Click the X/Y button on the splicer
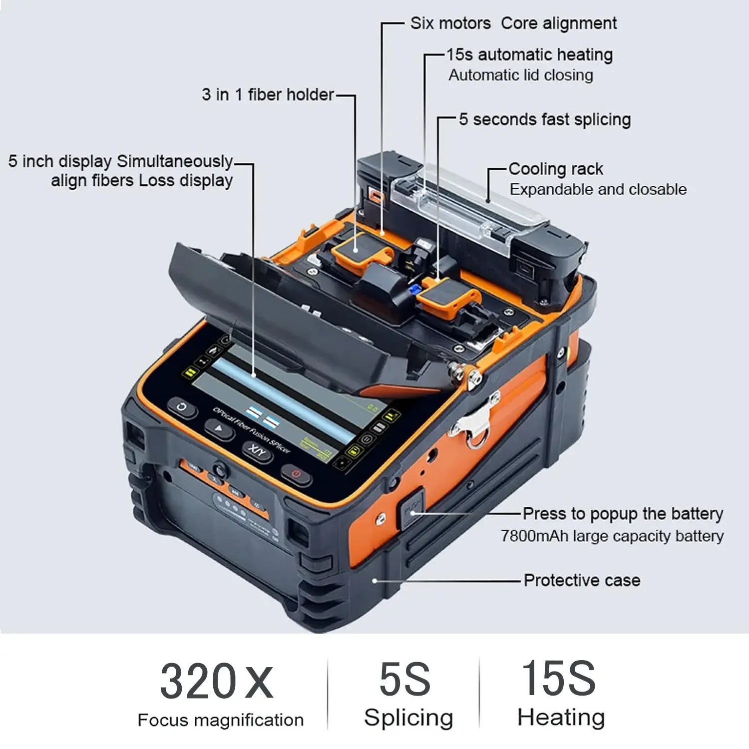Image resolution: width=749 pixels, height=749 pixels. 258,451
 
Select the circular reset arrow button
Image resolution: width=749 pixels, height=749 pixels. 182,407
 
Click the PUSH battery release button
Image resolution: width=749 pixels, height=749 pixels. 411,510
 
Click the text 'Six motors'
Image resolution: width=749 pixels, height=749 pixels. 450,23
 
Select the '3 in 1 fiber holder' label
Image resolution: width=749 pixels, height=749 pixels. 268,94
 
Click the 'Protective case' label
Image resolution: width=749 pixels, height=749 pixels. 582,580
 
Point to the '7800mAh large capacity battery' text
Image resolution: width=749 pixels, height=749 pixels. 612,536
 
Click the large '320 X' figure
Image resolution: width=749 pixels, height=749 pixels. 217,681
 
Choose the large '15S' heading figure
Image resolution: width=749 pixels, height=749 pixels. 558,678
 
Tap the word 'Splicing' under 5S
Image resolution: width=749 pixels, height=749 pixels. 408,718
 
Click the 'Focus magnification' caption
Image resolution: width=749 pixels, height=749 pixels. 220,720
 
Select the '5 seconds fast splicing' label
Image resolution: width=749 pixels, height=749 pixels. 545,120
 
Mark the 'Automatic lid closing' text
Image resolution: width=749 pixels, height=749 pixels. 521,75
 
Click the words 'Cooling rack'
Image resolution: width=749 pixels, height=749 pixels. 556,169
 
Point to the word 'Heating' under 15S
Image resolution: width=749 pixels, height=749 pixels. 561,717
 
